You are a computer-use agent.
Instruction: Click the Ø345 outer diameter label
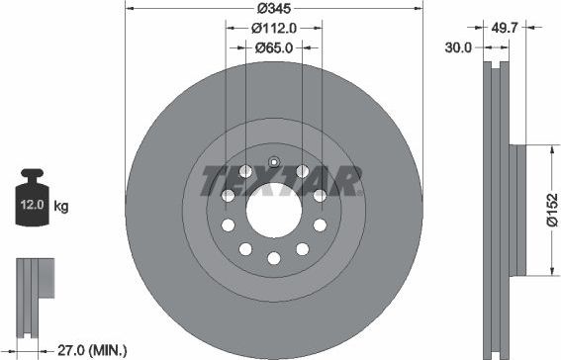(x=274, y=8)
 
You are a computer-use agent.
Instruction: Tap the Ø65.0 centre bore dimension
(x=273, y=46)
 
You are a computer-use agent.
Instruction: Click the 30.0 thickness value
(x=456, y=46)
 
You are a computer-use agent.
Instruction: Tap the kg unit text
(x=61, y=207)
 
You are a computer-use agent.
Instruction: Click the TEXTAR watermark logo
(x=280, y=182)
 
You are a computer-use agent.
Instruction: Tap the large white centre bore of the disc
(x=274, y=210)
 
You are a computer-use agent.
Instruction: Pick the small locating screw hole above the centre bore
(x=274, y=163)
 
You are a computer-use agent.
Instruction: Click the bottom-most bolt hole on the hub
(x=274, y=258)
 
